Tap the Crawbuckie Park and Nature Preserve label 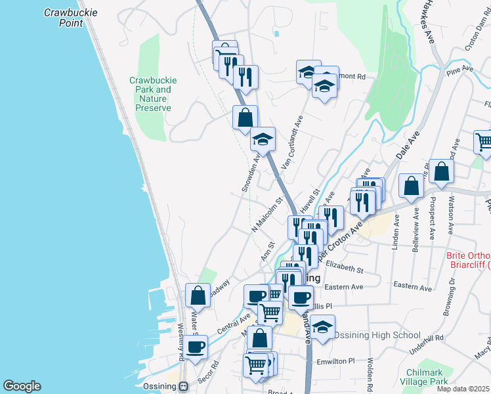153,94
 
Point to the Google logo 22,386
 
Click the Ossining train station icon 184,386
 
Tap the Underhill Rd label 425,338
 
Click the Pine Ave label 459,68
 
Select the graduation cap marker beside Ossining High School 322,327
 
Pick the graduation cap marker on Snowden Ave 263,139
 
